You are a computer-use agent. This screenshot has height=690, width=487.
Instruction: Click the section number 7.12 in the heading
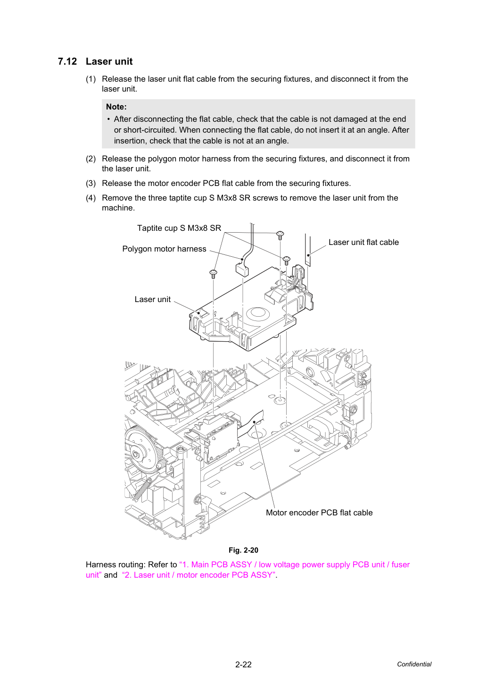(67, 61)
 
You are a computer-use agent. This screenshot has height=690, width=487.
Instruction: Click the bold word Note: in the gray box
(116, 107)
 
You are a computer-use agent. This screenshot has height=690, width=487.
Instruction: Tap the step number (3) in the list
(91, 183)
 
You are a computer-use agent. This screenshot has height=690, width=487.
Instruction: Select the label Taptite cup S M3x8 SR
(179, 228)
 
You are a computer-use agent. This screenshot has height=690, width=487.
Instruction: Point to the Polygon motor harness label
(164, 249)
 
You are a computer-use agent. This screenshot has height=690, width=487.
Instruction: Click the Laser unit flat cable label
(363, 242)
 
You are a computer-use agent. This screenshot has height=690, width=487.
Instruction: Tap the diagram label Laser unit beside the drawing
(153, 299)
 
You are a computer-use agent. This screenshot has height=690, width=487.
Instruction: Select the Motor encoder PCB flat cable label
(319, 513)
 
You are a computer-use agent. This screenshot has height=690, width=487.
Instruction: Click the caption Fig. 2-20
(243, 550)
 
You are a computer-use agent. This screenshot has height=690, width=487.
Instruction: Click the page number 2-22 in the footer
(243, 665)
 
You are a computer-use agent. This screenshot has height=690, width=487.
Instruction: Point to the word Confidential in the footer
(414, 665)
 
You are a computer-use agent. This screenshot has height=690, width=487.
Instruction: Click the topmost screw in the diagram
(280, 236)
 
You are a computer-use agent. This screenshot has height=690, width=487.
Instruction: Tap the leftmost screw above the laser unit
(213, 274)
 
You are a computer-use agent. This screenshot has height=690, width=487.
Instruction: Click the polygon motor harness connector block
(242, 269)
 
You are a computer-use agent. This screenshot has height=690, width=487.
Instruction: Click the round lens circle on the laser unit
(260, 313)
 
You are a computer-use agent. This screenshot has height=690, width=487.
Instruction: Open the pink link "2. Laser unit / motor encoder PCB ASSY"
(198, 575)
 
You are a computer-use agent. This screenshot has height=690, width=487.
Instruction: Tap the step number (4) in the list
(91, 198)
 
